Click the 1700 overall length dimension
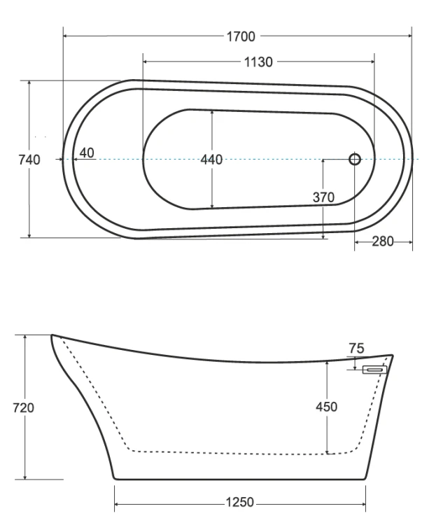[x=241, y=36]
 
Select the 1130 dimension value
[x=258, y=62]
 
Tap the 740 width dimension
[x=29, y=160]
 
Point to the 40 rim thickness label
[x=87, y=153]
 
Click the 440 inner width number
[x=211, y=160]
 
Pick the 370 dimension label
[x=323, y=197]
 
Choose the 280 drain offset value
[x=383, y=241]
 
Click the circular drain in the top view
[x=355, y=160]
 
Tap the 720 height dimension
[x=23, y=408]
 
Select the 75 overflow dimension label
[x=356, y=349]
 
